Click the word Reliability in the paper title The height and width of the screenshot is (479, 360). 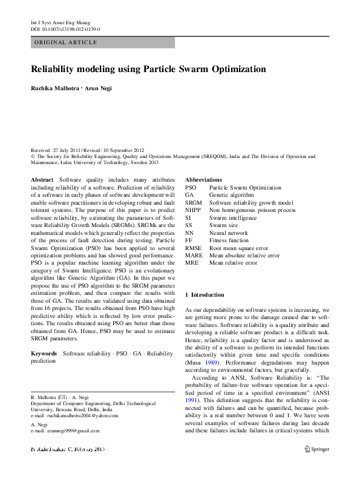tap(56, 70)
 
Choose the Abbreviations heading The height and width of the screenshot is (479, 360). tap(203, 180)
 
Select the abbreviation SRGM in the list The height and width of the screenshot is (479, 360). tap(194, 203)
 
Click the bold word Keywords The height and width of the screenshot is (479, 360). tap(44, 352)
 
